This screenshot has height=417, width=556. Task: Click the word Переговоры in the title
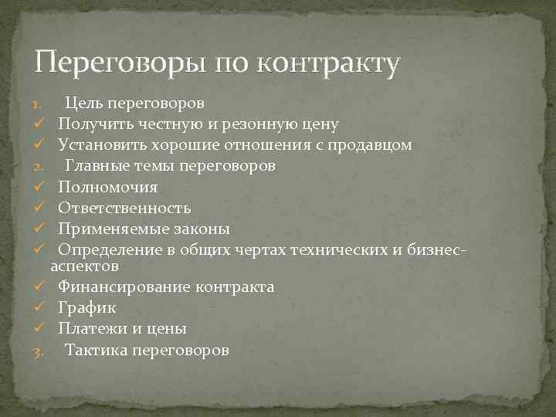pyautogui.click(x=96, y=63)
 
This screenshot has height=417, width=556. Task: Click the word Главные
pyautogui.click(x=94, y=166)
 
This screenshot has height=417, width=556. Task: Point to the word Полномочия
pyautogui.click(x=107, y=188)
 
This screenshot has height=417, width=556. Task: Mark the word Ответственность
pyautogui.click(x=124, y=208)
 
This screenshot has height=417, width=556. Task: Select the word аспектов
pyautogui.click(x=84, y=266)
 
